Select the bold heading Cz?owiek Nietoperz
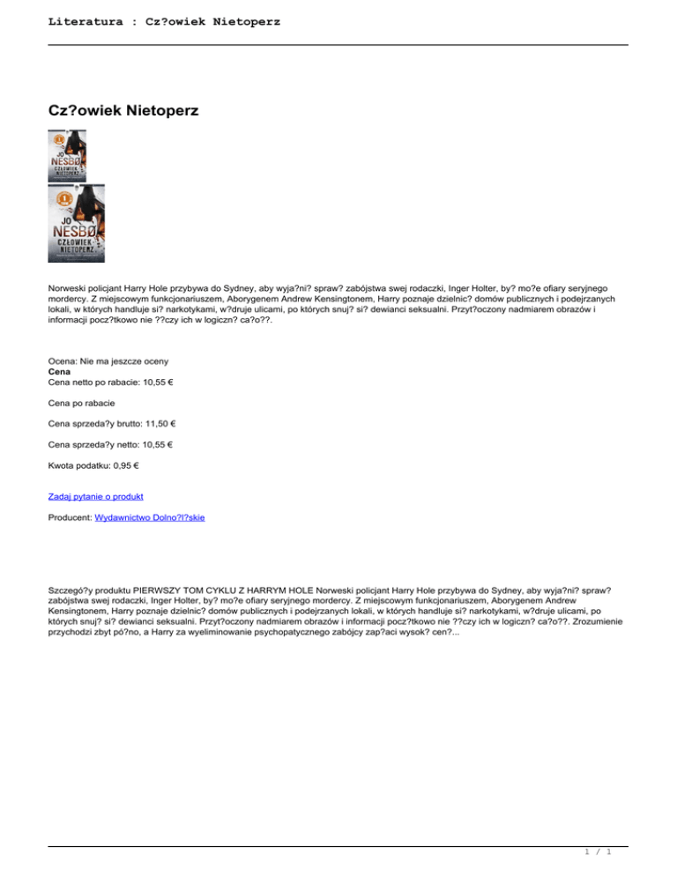pyautogui.click(x=123, y=111)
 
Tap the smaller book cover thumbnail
pyautogui.click(x=68, y=155)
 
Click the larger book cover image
pyautogui.click(x=77, y=223)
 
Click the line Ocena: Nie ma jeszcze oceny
pyautogui.click(x=108, y=362)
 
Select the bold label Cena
pyautogui.click(x=60, y=373)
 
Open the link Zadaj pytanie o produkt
pyautogui.click(x=96, y=496)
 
